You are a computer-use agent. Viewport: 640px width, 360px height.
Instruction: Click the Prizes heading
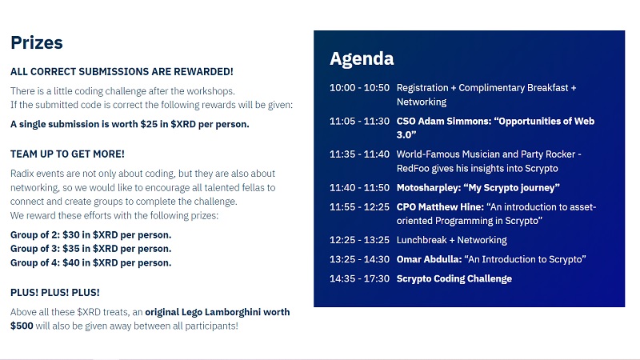[x=37, y=43]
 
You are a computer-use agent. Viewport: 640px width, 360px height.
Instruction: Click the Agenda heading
[x=362, y=58]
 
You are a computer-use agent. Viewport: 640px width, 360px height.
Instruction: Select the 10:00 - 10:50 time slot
[x=359, y=88]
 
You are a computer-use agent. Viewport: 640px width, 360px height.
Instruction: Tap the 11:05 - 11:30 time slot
[x=359, y=122]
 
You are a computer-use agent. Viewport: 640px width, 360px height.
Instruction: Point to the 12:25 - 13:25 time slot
[x=359, y=240]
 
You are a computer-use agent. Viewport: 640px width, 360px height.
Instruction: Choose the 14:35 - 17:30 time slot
[x=359, y=278]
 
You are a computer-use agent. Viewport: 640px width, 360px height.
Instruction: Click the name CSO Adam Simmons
[x=444, y=122]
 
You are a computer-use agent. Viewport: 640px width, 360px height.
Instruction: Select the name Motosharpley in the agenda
[x=428, y=188]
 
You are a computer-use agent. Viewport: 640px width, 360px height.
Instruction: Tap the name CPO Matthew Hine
[x=440, y=207]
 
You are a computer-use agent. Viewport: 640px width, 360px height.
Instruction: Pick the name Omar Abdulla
[x=429, y=259]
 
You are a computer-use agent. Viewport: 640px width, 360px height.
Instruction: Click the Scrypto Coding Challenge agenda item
[x=454, y=278]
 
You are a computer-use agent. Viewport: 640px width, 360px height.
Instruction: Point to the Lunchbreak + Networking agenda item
[x=452, y=240]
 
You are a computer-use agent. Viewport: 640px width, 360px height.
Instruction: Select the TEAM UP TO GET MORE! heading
[x=67, y=154]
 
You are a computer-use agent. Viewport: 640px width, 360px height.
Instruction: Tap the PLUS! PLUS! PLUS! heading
[x=55, y=293]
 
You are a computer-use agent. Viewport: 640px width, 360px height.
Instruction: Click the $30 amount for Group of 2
[x=71, y=235]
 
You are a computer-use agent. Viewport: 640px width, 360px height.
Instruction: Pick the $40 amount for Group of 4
[x=71, y=263]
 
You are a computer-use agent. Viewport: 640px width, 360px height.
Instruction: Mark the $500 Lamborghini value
[x=22, y=326]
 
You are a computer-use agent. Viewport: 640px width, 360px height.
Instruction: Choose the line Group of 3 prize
[x=91, y=249]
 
